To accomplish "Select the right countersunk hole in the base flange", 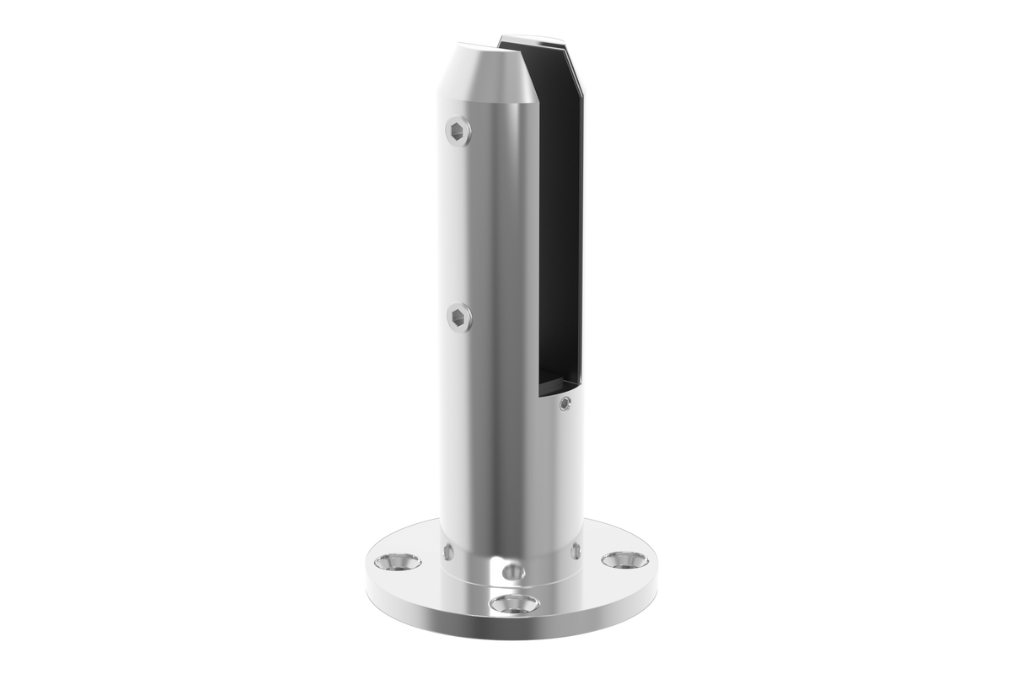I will click(624, 559).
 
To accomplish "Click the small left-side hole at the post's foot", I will click(447, 553).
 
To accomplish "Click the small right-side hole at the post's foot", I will click(576, 551).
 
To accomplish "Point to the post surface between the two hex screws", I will click(472, 223).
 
